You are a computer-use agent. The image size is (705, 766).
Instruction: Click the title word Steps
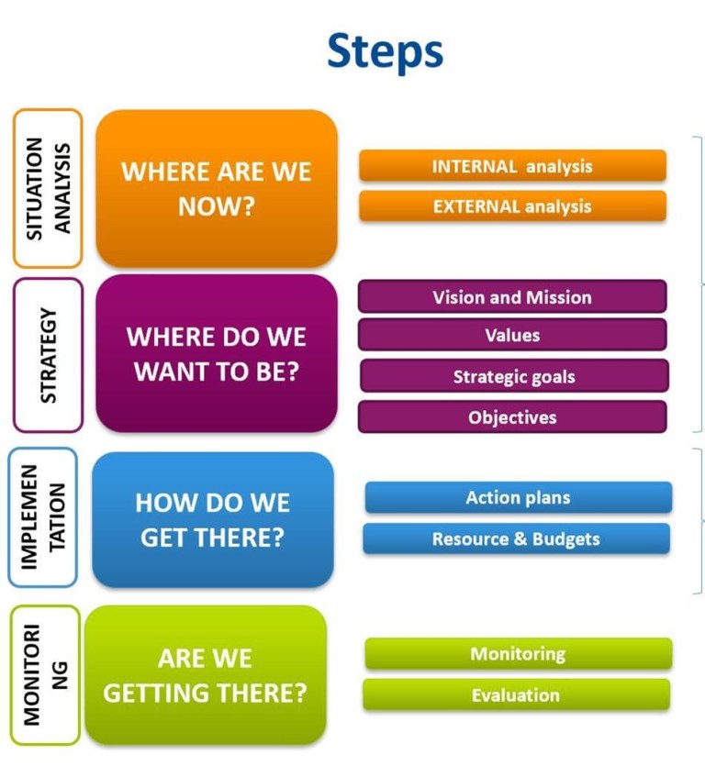pos(385,51)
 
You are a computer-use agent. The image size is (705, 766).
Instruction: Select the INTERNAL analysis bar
pos(512,166)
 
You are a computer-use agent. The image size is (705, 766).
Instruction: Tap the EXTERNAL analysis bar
pos(512,206)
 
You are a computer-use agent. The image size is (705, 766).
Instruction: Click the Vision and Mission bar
pos(512,297)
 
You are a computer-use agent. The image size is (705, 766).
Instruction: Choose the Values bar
pos(512,336)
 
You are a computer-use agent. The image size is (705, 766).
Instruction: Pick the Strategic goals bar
pos(513,376)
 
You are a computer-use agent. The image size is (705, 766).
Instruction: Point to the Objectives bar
pos(512,417)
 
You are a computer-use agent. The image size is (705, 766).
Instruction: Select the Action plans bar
pos(518,498)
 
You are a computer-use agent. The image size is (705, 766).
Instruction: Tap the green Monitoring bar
pos(518,654)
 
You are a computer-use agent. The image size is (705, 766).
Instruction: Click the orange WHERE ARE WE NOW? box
pos(217,188)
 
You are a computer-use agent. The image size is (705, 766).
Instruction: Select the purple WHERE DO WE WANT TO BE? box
pos(217,353)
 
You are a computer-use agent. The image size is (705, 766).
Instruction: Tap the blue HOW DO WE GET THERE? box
pos(213,519)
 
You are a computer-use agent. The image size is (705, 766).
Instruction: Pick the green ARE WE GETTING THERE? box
pos(205,675)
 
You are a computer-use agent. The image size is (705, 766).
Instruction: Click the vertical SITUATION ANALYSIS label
pos(48,188)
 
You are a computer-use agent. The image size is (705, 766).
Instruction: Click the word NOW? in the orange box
pos(217,206)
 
